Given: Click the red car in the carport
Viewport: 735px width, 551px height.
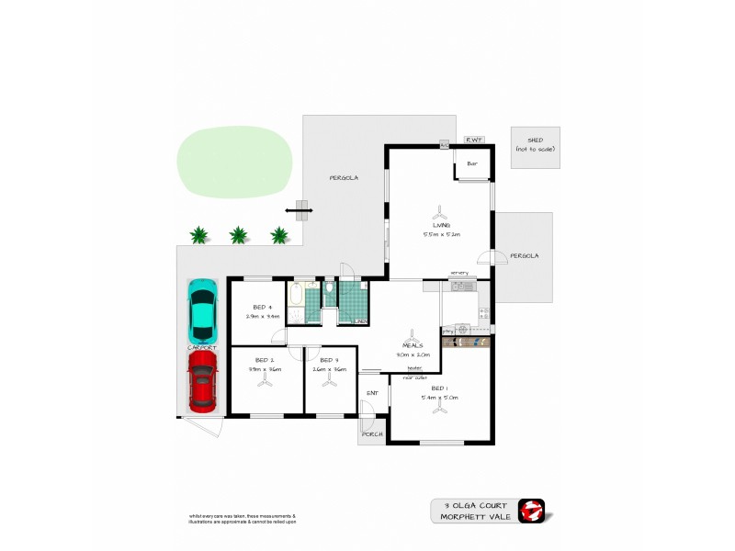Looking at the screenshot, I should tap(202, 383).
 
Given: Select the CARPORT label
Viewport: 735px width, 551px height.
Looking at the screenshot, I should tap(202, 348).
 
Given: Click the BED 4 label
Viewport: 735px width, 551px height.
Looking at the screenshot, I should tap(262, 307).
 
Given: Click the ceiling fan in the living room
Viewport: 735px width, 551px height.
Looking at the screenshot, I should tap(441, 209).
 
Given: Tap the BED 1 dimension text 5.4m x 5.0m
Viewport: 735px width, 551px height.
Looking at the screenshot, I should tap(438, 398).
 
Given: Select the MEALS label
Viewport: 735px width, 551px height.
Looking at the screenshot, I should tap(413, 346).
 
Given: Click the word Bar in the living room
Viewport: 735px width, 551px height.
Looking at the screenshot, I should tap(473, 164).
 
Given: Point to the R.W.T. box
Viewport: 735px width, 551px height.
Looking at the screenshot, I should tap(474, 140).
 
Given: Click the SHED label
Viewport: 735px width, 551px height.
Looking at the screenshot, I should tap(535, 140).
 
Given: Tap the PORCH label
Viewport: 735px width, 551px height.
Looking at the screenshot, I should tap(372, 434).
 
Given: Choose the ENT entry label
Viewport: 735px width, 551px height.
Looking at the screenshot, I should tap(372, 394).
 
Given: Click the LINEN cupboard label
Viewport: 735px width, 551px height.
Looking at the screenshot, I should tap(361, 320).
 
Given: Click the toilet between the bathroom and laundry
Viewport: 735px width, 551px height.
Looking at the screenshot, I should tap(329, 289).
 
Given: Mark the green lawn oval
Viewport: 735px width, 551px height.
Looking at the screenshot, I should tap(236, 160).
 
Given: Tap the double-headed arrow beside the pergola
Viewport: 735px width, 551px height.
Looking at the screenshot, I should tap(299, 211).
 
